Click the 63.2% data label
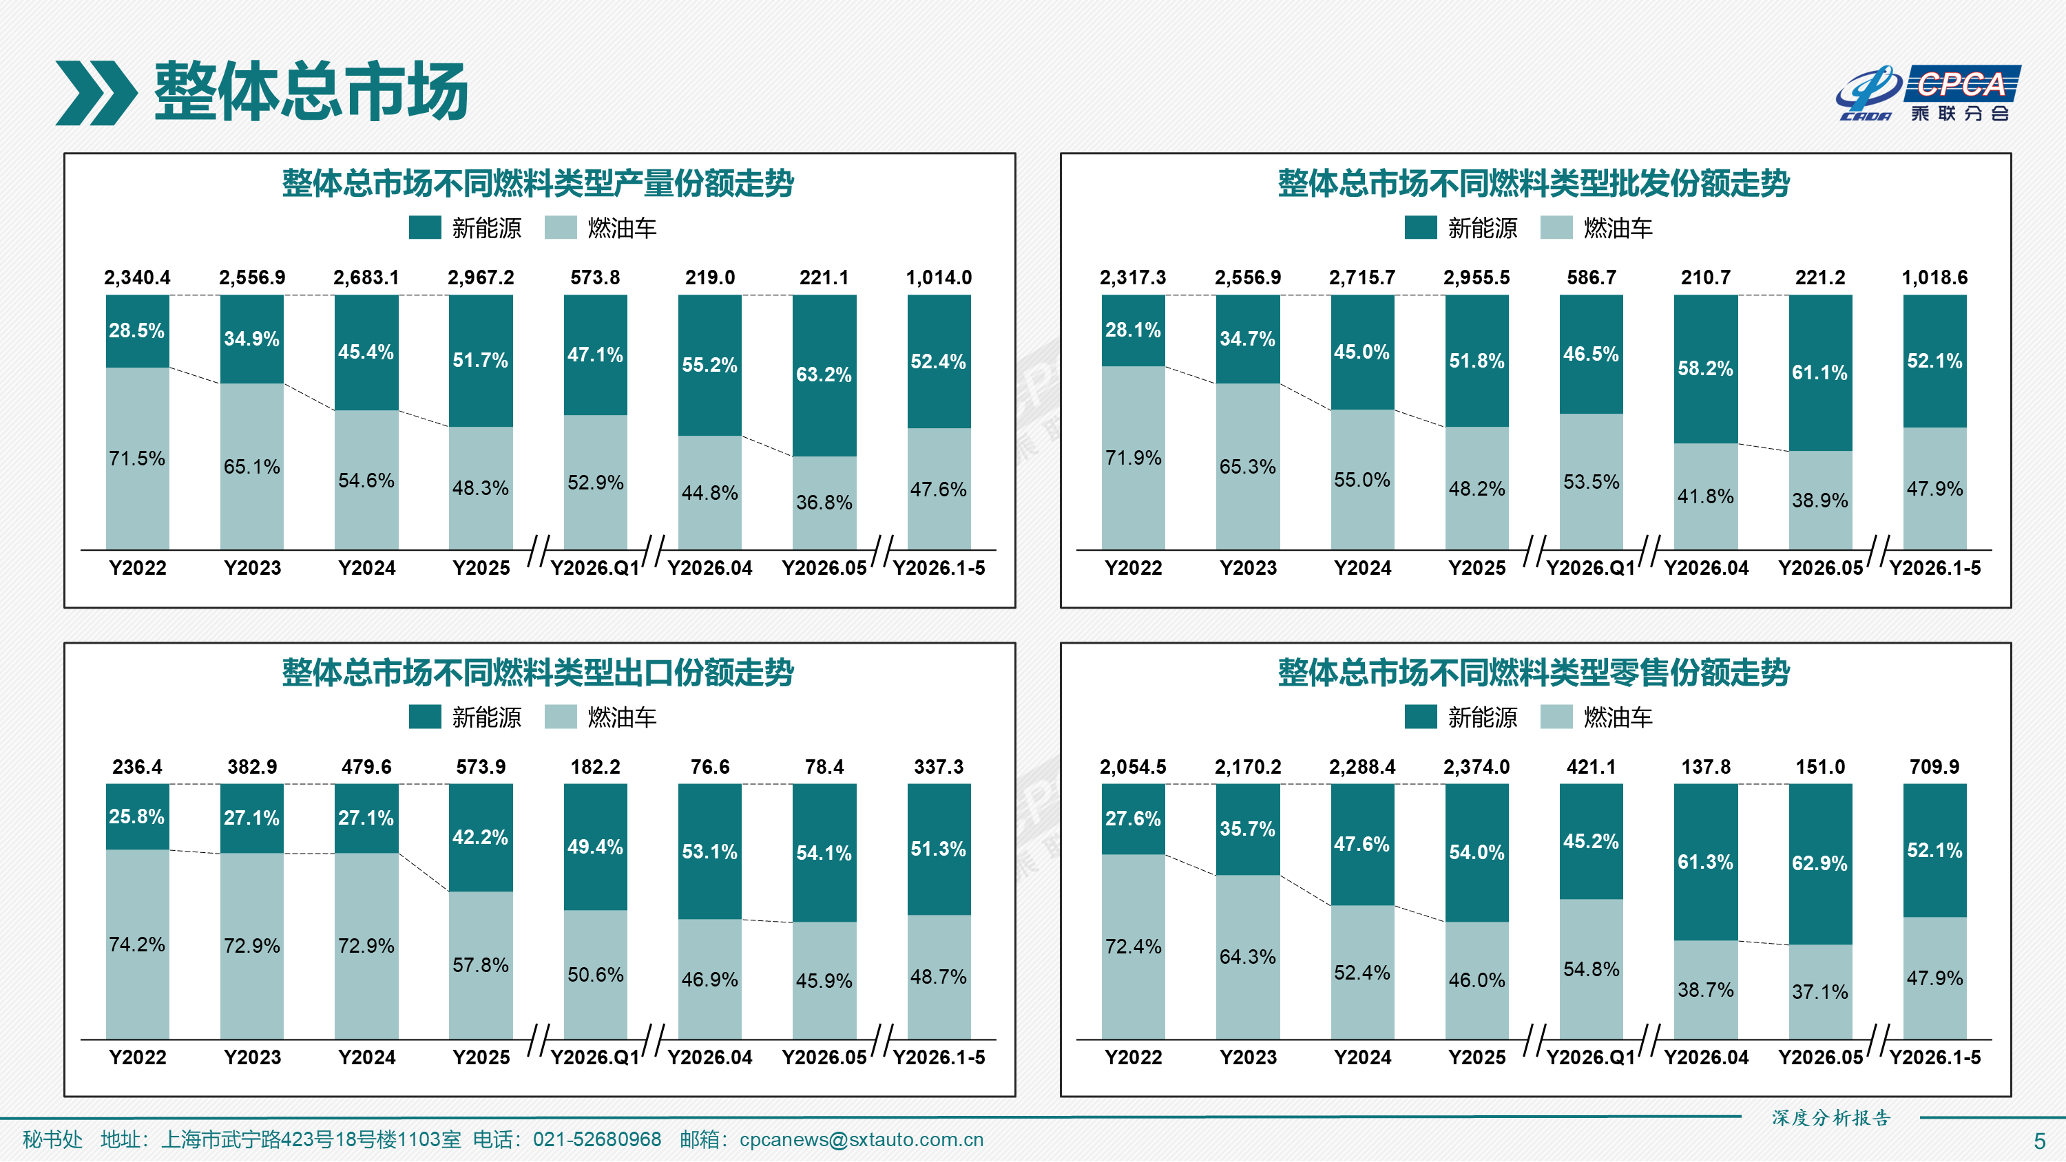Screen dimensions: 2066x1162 pyautogui.click(x=824, y=374)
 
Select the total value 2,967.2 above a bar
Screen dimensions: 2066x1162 pyautogui.click(x=481, y=277)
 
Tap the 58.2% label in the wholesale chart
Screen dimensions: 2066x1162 pyautogui.click(x=1705, y=368)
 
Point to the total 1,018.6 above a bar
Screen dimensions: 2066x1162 pyautogui.click(x=1934, y=277)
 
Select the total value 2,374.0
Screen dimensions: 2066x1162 pyautogui.click(x=1477, y=767)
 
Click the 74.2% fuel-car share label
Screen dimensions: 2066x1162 pyautogui.click(x=137, y=944)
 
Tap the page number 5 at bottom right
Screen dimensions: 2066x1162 pyautogui.click(x=2040, y=1141)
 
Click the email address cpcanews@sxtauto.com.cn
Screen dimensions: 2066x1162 pyautogui.click(x=861, y=1139)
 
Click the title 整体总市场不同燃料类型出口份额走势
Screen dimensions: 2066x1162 pyautogui.click(x=538, y=672)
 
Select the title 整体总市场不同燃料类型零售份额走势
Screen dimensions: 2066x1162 pyautogui.click(x=1534, y=672)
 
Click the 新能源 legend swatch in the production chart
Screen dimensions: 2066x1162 pyautogui.click(x=425, y=228)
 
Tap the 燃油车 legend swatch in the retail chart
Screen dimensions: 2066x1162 pyautogui.click(x=1556, y=717)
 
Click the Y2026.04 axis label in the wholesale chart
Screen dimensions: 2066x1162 pyautogui.click(x=1706, y=568)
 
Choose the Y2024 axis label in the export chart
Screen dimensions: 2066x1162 pyautogui.click(x=366, y=1057)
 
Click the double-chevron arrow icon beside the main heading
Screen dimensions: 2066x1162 pyautogui.click(x=96, y=93)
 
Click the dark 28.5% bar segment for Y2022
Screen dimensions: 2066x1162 pyautogui.click(x=137, y=331)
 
